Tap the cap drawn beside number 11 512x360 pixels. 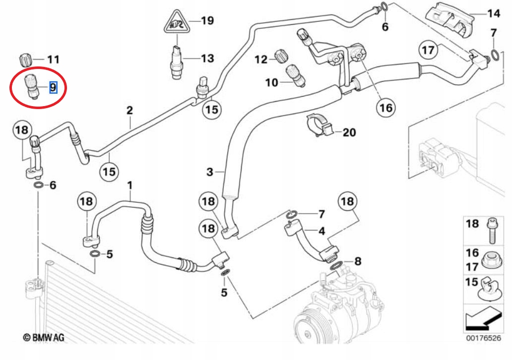(x=25, y=60)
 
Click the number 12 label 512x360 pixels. (x=261, y=60)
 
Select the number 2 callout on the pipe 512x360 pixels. (x=129, y=110)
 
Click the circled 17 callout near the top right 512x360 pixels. (x=428, y=50)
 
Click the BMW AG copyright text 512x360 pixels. (x=44, y=338)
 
